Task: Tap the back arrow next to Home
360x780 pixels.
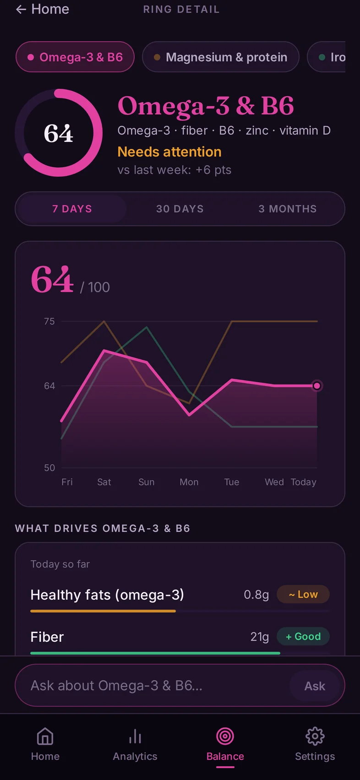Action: click(21, 10)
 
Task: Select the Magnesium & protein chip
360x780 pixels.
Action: click(221, 57)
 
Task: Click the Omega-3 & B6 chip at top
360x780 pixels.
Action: click(75, 57)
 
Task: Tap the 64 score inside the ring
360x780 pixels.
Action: click(59, 133)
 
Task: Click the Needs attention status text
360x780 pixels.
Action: click(169, 152)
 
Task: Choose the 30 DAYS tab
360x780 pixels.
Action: click(180, 209)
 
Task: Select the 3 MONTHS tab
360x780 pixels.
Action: click(288, 209)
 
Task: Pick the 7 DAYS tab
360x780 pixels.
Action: click(72, 209)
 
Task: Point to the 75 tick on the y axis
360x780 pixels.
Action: click(49, 321)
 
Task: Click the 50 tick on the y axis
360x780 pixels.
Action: click(49, 468)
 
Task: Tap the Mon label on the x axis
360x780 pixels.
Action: click(189, 482)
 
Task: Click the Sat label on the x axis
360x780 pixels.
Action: click(104, 482)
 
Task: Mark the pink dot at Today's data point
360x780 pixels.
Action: click(317, 386)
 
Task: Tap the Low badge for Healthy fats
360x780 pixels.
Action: click(303, 595)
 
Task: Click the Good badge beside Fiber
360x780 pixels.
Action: click(303, 637)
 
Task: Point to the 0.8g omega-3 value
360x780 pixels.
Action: click(256, 595)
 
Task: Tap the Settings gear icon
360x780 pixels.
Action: click(315, 736)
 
